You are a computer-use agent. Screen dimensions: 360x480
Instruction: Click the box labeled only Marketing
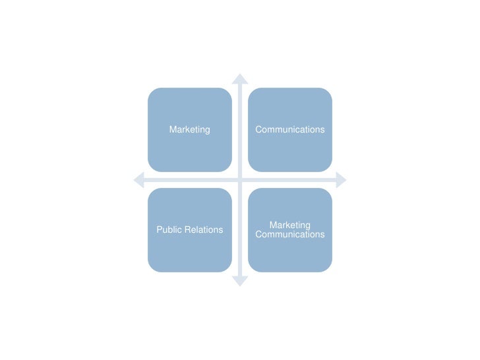190,130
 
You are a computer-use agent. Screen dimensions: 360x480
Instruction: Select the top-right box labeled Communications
290,130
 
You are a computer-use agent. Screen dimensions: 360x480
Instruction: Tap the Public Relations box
190,230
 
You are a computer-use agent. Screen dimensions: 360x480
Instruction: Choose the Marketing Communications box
290,230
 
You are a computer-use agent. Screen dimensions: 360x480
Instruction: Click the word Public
168,230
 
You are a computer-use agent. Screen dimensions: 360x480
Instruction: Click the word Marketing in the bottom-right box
290,225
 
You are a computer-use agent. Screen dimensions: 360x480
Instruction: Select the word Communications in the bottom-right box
290,235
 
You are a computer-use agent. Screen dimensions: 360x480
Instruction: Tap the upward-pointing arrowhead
240,78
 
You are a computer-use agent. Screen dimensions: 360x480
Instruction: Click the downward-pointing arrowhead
240,281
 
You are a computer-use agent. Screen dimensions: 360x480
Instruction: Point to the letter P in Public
159,230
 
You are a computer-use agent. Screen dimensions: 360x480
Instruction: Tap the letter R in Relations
185,230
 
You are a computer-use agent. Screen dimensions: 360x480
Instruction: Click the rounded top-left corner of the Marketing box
152,92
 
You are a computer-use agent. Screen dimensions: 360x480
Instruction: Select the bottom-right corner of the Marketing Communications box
328,268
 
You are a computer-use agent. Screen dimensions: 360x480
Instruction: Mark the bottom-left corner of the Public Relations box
152,268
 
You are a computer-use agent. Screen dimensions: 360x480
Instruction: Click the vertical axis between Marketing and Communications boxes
240,130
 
